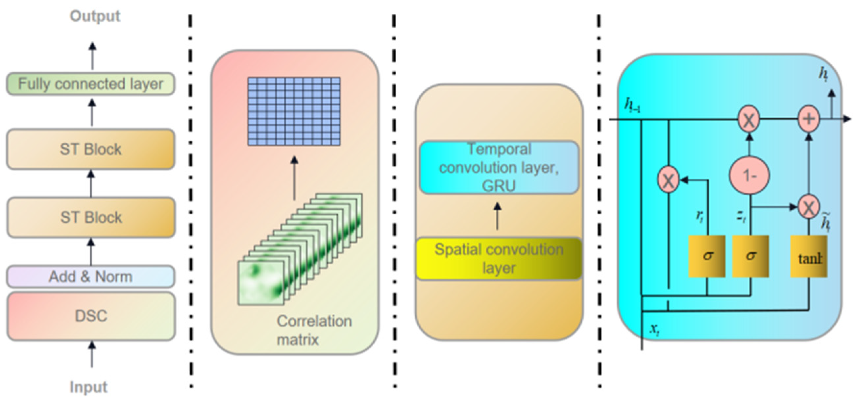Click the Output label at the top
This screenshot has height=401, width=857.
(95, 16)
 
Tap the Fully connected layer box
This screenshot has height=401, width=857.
(90, 84)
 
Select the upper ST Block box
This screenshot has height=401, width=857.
(90, 149)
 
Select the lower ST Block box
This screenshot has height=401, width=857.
(90, 218)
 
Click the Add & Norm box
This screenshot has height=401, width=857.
(90, 277)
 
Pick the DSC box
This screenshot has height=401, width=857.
(90, 316)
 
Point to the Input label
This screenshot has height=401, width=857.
(88, 387)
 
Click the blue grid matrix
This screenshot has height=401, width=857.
(294, 111)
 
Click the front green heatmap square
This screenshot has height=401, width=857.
(260, 283)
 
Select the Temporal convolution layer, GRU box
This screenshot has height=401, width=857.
(498, 168)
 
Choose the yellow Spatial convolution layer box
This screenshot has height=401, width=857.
(498, 259)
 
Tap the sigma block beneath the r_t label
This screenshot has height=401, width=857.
(707, 256)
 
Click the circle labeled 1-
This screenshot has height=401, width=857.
(749, 175)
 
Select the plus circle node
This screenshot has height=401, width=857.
(808, 119)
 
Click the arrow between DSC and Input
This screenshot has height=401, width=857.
(92, 354)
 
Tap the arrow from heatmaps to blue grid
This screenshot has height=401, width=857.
(294, 178)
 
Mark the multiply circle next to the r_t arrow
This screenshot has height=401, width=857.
(668, 180)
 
